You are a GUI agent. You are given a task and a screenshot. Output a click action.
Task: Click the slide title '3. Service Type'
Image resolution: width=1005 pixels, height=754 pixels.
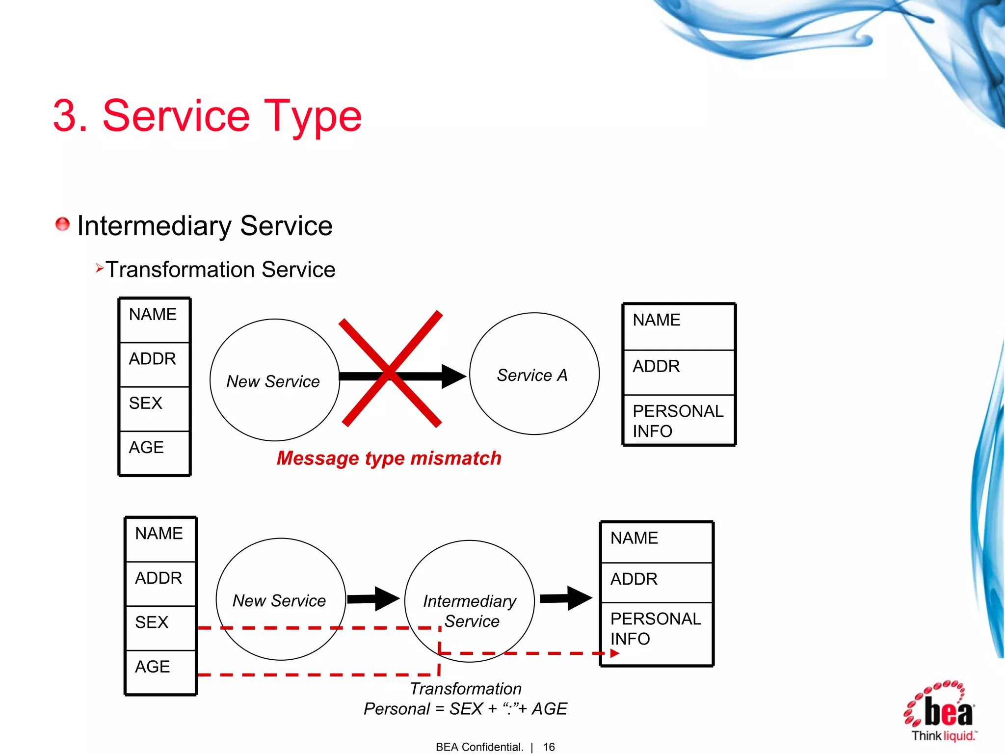[x=207, y=116]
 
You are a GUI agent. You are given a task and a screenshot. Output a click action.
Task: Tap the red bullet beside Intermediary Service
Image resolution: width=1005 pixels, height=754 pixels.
[x=62, y=224]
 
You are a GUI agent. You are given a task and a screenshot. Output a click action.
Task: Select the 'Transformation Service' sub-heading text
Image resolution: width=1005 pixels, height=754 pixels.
[x=220, y=269]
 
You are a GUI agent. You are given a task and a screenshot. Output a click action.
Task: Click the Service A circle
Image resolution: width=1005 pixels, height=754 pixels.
[x=534, y=374]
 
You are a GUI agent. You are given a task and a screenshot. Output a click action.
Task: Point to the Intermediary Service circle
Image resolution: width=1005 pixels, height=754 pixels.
[x=469, y=601]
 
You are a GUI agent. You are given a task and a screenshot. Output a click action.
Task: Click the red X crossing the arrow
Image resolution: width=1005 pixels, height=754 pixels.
[x=391, y=370]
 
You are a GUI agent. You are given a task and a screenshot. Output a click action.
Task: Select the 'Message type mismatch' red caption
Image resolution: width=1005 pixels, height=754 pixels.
[x=389, y=458]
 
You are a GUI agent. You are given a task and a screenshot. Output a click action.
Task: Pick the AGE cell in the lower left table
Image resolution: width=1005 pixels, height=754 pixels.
[x=160, y=672]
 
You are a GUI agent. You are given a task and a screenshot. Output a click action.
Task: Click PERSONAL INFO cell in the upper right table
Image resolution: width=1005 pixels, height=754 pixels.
[x=679, y=420]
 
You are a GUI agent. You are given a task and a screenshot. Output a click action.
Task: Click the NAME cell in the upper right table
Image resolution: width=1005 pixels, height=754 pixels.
[x=679, y=326]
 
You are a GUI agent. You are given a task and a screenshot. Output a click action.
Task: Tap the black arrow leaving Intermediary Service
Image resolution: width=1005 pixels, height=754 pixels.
[x=566, y=598]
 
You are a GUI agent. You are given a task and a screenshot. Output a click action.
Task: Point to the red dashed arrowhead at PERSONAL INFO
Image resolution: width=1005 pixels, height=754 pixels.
[x=614, y=653]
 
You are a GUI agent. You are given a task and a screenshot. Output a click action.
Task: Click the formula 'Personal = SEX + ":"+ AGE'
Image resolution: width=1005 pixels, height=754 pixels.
[x=465, y=709]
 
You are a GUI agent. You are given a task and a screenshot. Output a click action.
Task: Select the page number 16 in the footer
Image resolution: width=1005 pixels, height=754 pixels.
[x=549, y=747]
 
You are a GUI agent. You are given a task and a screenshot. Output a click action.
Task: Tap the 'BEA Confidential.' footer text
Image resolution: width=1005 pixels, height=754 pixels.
[x=479, y=747]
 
